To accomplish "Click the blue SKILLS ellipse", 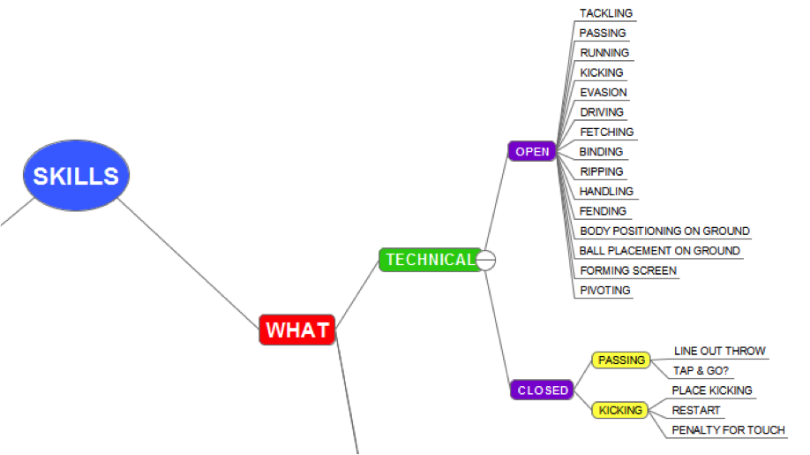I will (x=76, y=176).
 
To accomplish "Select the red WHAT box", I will (x=297, y=330).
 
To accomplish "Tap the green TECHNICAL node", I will (x=430, y=260).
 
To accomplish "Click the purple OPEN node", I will (x=532, y=151).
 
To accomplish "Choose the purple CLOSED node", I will (x=543, y=390).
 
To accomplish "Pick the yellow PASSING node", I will (x=621, y=360).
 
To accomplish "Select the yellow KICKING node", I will (x=621, y=410).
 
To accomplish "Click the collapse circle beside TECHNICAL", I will (x=486, y=260).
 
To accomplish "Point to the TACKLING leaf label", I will (x=605, y=13).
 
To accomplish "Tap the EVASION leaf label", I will (x=604, y=92).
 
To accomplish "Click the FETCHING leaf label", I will (x=606, y=132).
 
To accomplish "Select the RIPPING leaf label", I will (x=601, y=171).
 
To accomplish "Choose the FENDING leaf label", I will (x=603, y=211).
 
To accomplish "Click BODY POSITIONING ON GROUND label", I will (x=664, y=231).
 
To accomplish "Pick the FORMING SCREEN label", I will (x=628, y=270).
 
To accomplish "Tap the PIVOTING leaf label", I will (x=604, y=290).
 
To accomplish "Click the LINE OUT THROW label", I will (x=719, y=351).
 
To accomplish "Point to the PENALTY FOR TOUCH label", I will (x=728, y=430).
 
